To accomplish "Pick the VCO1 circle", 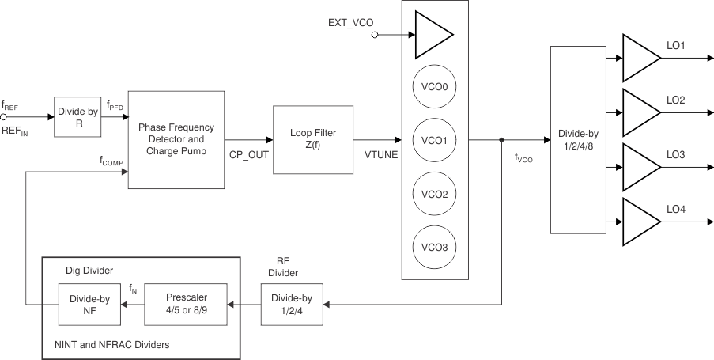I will tap(435, 141).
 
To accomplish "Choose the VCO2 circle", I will tap(435, 194).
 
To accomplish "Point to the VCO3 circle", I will tap(435, 247).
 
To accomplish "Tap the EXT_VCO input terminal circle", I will tap(376, 35).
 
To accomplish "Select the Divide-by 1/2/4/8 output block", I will tap(577, 139).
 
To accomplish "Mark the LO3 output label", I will tap(675, 155).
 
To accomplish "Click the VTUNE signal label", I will tap(381, 154).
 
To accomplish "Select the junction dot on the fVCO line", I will tap(501, 140).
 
